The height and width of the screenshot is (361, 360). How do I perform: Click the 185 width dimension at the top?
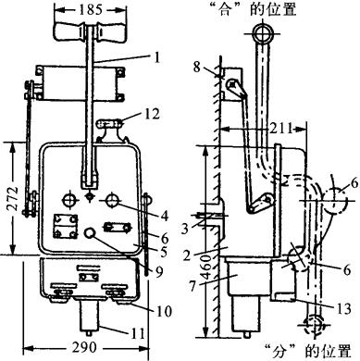[x=91, y=9]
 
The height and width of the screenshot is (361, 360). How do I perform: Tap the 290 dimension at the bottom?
[x=84, y=348]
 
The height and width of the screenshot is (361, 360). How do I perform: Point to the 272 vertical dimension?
[x=13, y=198]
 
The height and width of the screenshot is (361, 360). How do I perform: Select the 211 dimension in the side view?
[x=280, y=128]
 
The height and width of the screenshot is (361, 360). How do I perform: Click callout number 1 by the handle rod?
[x=157, y=57]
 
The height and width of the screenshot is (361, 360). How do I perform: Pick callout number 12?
[x=152, y=114]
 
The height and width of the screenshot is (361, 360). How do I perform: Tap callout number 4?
[x=165, y=216]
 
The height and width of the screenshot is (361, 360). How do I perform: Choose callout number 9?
[x=159, y=271]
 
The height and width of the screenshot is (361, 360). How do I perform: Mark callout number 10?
[x=164, y=311]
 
